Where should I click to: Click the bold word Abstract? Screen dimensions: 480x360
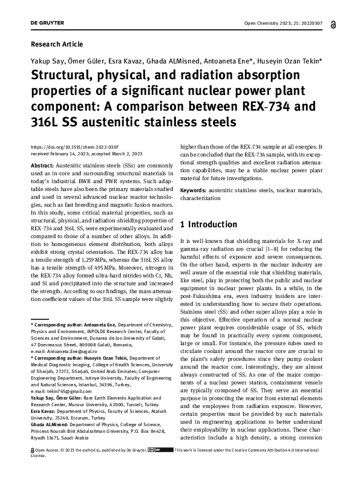(42, 165)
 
